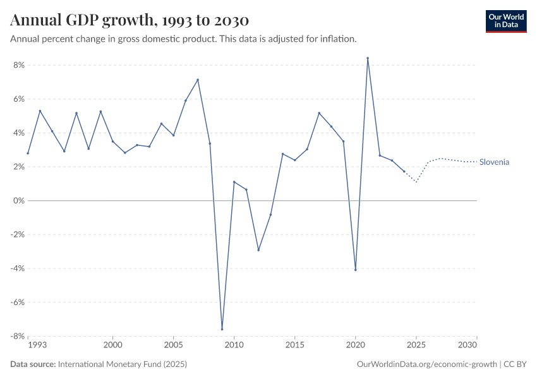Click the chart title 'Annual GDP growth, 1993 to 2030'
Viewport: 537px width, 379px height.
pyautogui.click(x=130, y=20)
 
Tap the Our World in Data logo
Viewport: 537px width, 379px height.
pyautogui.click(x=505, y=21)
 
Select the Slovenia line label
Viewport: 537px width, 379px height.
pyautogui.click(x=494, y=162)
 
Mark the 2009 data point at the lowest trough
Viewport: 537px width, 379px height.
pyautogui.click(x=222, y=329)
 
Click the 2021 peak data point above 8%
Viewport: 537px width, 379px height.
pyautogui.click(x=368, y=58)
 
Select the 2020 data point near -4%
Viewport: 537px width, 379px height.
pyautogui.click(x=356, y=270)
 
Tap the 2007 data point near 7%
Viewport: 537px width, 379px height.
pyautogui.click(x=198, y=80)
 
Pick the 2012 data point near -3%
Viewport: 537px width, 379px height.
pyautogui.click(x=258, y=250)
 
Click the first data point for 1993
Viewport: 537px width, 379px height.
pyautogui.click(x=28, y=153)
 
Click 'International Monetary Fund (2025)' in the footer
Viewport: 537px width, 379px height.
pyautogui.click(x=122, y=364)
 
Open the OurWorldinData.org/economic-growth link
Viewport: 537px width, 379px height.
pyautogui.click(x=427, y=364)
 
